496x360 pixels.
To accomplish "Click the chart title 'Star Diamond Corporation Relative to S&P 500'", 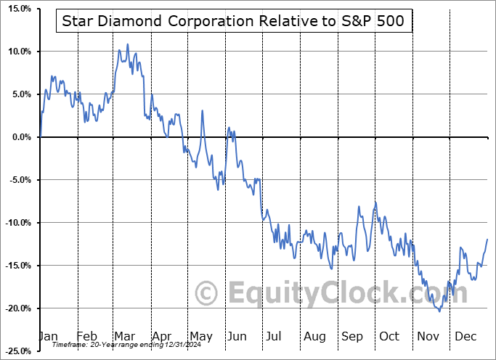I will point(235,22).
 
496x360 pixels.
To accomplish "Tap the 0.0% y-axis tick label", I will point(17,137).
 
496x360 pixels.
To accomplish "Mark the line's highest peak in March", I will point(128,44).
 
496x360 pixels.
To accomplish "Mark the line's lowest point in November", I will point(439,311).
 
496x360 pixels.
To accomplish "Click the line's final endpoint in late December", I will point(487,239).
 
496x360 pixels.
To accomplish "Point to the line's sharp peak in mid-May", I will point(202,110).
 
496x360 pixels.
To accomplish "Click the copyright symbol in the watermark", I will point(208,293).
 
